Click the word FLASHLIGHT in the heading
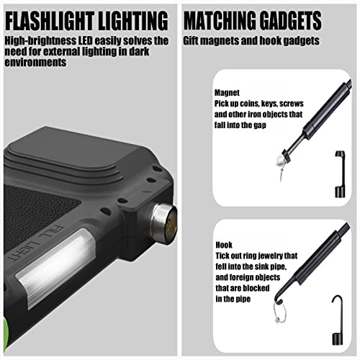coord(49,21)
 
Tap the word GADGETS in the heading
coord(290,20)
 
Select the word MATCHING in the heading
coord(220,20)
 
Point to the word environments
coord(35,63)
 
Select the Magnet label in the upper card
coord(227,93)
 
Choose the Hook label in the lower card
coord(224,245)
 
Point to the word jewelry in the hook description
coord(271,256)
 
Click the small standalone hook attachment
coord(337,319)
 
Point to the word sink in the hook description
coord(253,266)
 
